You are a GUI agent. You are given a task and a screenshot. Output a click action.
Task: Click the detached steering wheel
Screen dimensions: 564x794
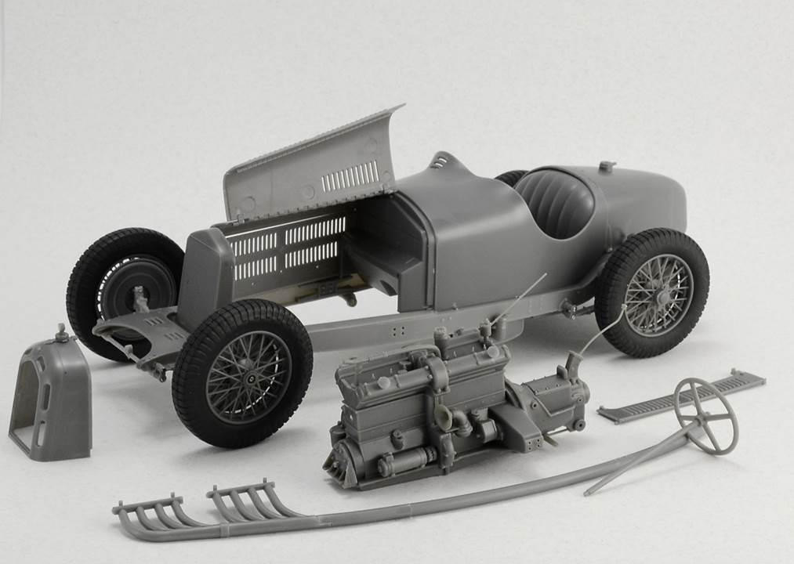[x=705, y=415]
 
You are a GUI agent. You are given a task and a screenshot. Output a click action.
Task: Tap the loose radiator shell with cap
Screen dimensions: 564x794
[x=51, y=399]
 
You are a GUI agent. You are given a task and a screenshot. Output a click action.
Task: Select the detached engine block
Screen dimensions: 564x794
[x=423, y=407]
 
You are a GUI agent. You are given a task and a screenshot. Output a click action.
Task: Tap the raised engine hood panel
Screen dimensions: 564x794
[x=314, y=164]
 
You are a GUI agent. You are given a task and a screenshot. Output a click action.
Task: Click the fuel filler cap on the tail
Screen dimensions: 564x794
[x=605, y=167]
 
